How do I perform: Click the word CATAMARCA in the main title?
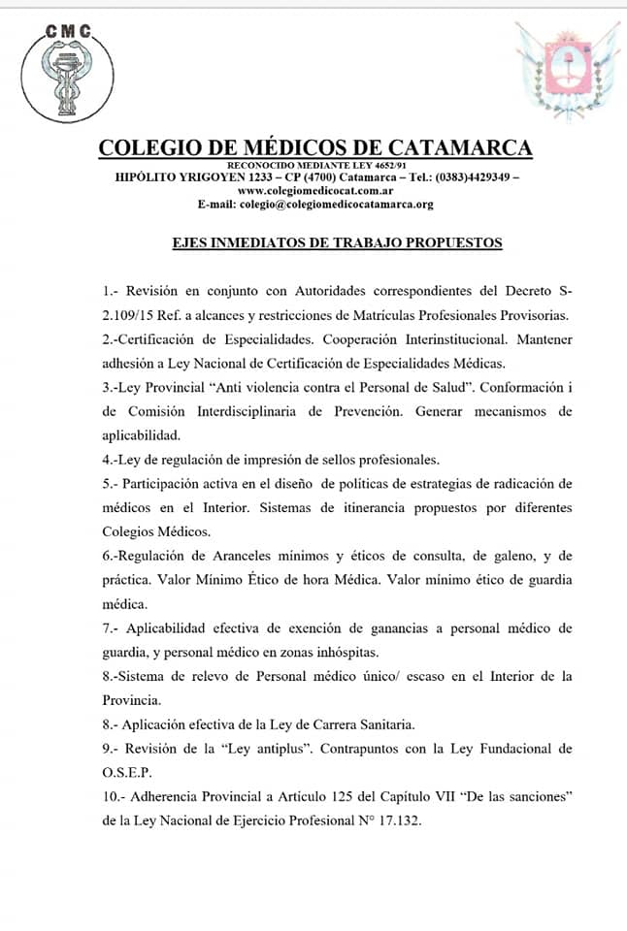(x=460, y=147)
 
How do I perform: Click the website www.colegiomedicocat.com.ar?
(x=314, y=191)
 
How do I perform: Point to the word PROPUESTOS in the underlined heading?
(x=451, y=242)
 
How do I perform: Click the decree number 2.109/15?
(x=135, y=314)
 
